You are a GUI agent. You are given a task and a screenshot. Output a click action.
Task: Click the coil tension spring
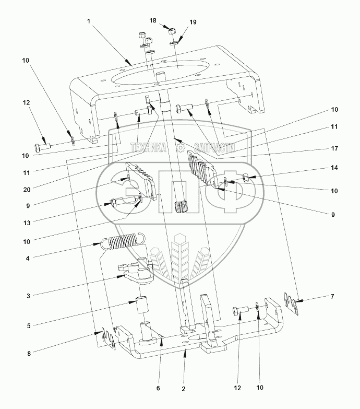tap(124, 242)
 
